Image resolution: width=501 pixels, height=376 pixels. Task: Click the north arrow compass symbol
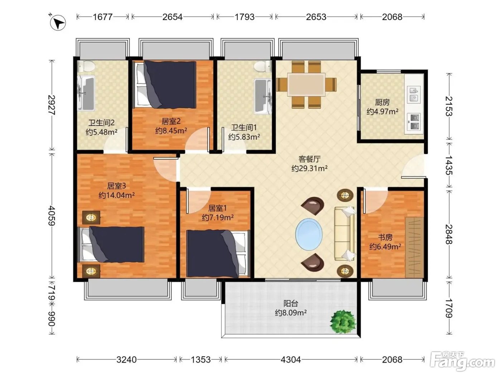click(58, 22)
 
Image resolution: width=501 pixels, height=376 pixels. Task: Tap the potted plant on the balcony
click(343, 322)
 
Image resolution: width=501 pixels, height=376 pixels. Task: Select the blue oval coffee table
click(309, 234)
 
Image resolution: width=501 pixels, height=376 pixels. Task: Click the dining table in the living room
click(306, 84)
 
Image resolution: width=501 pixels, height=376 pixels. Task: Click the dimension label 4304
click(291, 360)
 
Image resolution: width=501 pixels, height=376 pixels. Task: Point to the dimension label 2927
click(52, 105)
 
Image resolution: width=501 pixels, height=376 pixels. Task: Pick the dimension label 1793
click(244, 17)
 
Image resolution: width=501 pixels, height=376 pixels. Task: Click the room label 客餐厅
click(310, 159)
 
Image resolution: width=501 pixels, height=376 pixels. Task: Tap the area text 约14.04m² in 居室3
click(117, 196)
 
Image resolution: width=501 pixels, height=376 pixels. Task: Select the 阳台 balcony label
click(291, 303)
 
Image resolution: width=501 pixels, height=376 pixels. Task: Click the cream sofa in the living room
click(345, 233)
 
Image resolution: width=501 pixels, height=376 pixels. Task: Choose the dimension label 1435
click(449, 165)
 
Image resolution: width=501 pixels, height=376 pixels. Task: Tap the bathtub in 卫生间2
click(86, 93)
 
